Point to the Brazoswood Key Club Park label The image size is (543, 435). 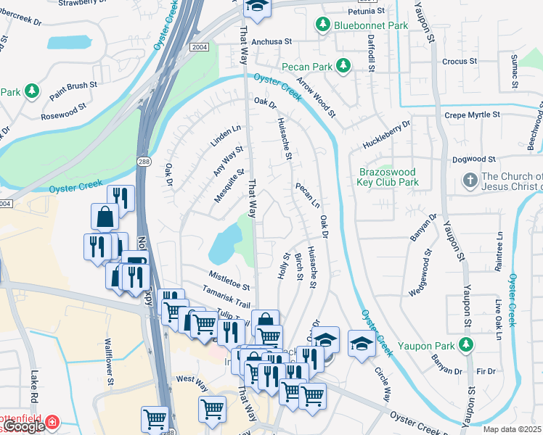pos(388,178)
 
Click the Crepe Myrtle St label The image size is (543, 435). pos(472,115)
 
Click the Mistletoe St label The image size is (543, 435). pos(229,275)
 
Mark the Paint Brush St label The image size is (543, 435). pos(73,91)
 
